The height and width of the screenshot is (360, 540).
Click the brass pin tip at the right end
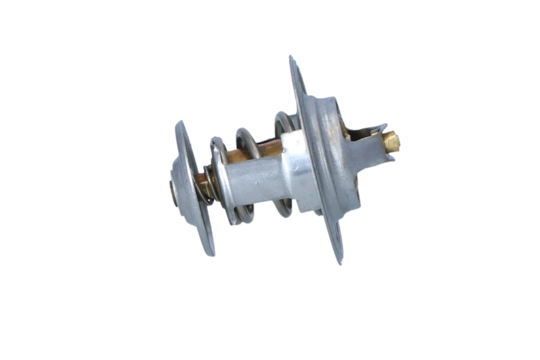point(391,140)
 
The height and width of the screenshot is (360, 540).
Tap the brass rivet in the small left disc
point(173,191)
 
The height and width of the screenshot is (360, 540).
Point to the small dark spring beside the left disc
point(209,183)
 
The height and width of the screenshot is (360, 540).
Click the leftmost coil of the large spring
point(217,145)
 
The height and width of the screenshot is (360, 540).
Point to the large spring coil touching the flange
point(282,122)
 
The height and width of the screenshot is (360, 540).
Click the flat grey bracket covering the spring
point(256,180)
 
